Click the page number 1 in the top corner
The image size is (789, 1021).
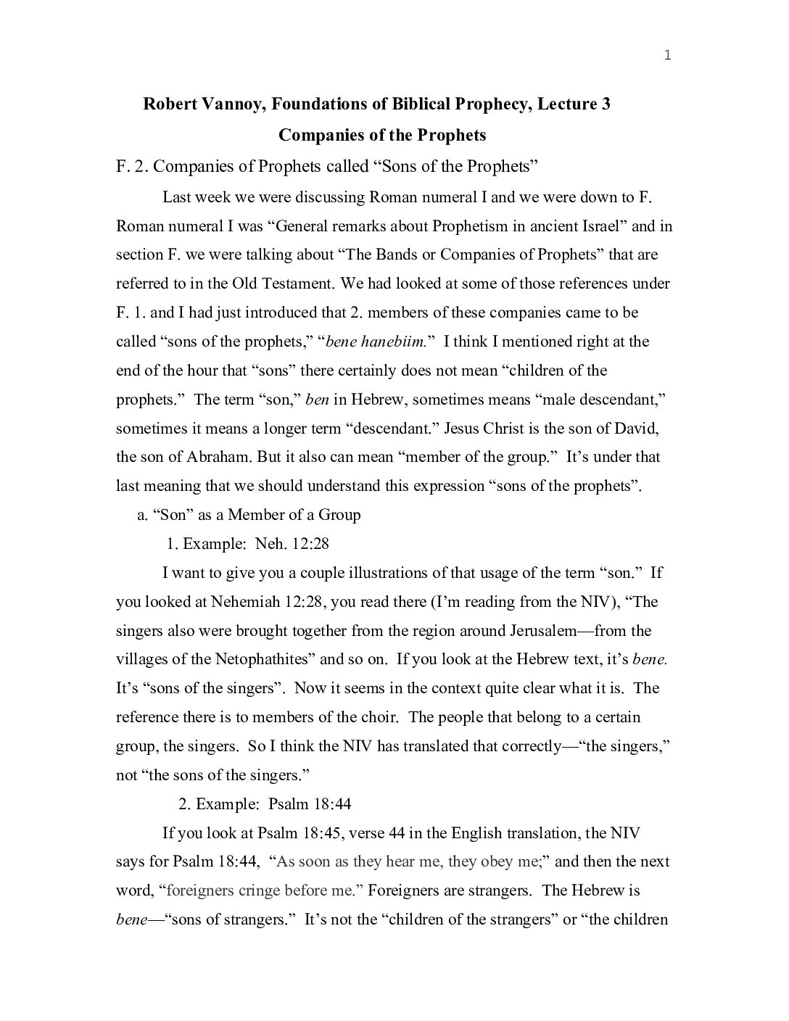[667, 57]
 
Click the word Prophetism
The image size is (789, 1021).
[468, 226]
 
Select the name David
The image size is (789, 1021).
[637, 429]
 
